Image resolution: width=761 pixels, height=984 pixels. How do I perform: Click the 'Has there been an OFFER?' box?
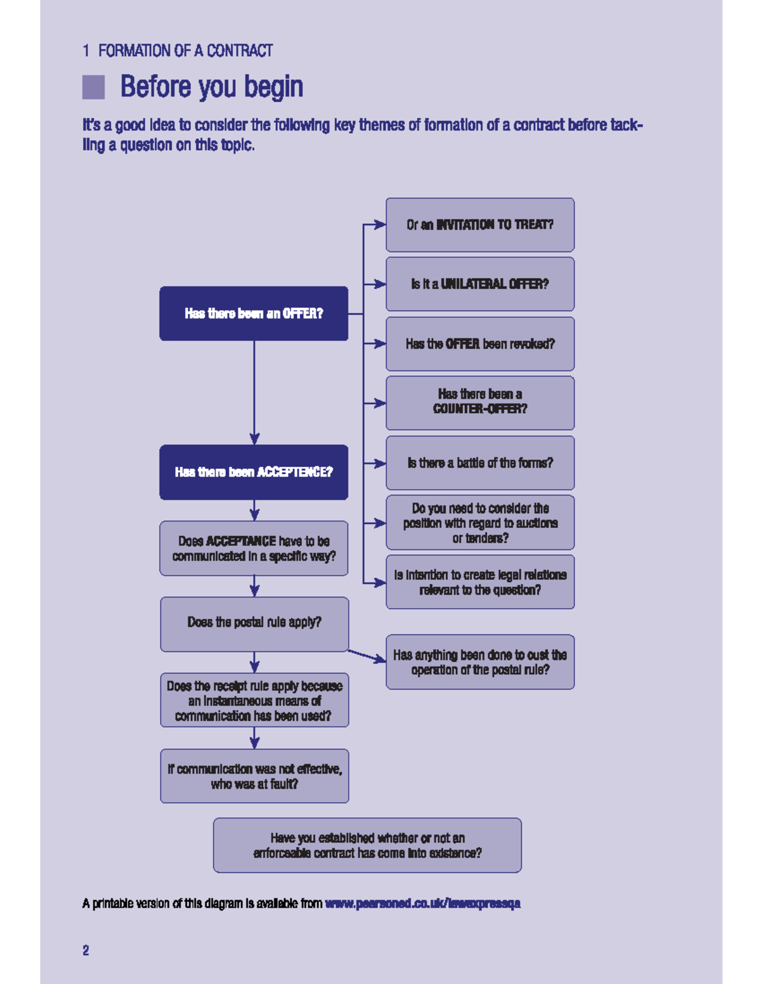[254, 314]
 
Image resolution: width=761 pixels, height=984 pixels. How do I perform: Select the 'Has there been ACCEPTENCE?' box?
[254, 472]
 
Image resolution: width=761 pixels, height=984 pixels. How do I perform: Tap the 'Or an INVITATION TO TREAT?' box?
[480, 224]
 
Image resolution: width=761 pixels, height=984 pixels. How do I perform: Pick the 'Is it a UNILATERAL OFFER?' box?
[480, 284]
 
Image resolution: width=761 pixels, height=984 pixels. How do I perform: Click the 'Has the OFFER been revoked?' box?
[480, 343]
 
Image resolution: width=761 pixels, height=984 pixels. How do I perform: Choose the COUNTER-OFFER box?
[480, 403]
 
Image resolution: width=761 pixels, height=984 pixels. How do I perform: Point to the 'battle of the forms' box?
[480, 463]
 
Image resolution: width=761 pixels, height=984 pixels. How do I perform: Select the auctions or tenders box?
[480, 523]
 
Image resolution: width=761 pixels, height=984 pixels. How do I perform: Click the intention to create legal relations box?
[480, 582]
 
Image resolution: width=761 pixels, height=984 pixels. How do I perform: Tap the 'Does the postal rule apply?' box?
[254, 624]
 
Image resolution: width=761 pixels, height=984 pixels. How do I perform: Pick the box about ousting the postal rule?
[480, 662]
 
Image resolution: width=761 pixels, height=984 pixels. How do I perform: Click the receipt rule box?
[254, 700]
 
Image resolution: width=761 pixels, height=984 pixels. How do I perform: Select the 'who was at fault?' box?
[254, 776]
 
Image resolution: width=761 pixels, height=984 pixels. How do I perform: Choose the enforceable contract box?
[367, 845]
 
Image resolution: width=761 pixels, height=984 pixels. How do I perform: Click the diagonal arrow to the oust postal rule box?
[366, 656]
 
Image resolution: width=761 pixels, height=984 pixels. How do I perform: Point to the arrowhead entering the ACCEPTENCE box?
[254, 439]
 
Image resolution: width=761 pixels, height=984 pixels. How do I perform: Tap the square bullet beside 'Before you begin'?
[93, 87]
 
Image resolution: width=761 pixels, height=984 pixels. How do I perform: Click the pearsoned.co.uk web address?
[422, 904]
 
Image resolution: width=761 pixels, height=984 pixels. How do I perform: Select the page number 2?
[86, 950]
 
